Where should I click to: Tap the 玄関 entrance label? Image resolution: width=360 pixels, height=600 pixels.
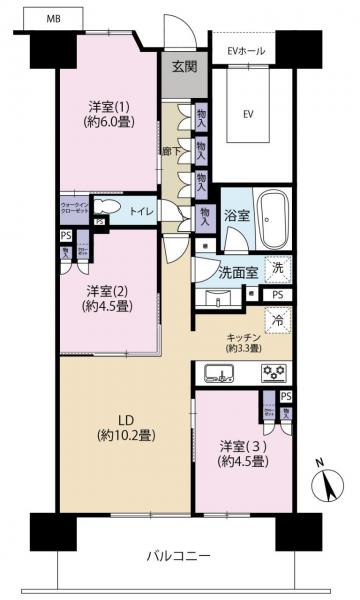click(x=183, y=67)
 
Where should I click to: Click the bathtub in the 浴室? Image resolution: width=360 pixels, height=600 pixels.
click(x=271, y=213)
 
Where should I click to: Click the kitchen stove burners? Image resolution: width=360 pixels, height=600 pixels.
click(x=273, y=374)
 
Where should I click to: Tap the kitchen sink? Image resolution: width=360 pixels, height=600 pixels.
click(x=219, y=374)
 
